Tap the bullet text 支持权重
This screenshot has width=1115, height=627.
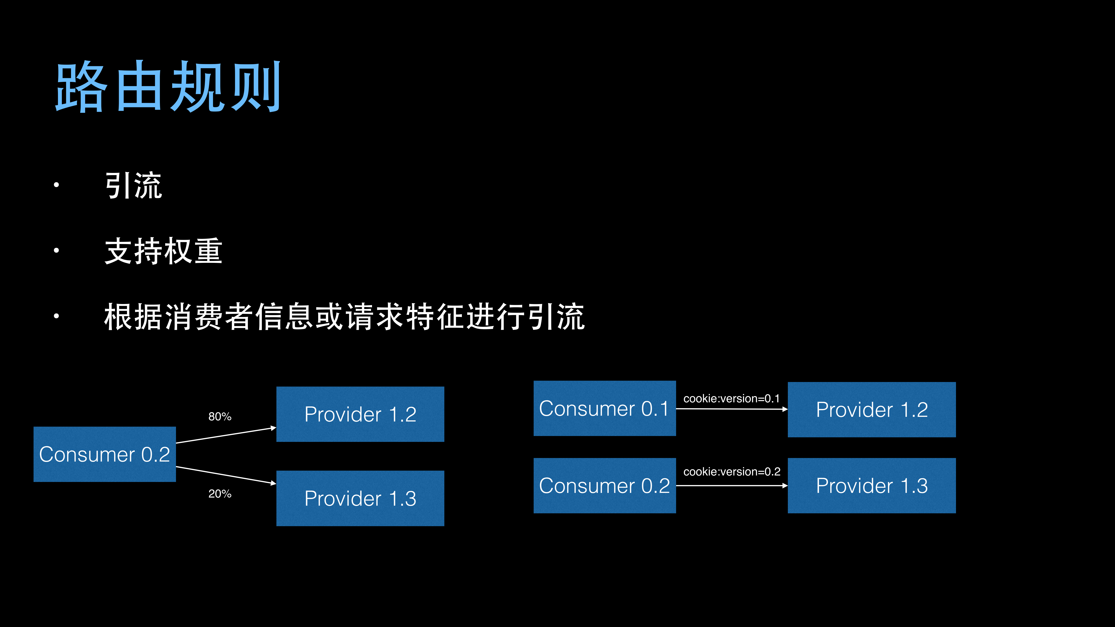point(164,251)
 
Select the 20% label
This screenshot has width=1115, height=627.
point(220,494)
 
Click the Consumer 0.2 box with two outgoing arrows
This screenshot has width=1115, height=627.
point(105,454)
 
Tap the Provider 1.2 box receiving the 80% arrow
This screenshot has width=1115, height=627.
point(360,414)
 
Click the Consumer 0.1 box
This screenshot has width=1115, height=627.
point(604,409)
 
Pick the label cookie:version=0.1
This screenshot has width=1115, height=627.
point(731,399)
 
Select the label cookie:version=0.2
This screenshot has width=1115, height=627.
point(731,472)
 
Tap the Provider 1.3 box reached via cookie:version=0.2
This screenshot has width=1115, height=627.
point(871,485)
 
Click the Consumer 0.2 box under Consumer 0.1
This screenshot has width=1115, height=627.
point(604,485)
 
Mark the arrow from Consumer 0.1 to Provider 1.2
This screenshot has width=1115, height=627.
point(731,409)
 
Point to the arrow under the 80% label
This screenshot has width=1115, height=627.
point(226,435)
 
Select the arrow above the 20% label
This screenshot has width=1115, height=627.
point(226,475)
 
